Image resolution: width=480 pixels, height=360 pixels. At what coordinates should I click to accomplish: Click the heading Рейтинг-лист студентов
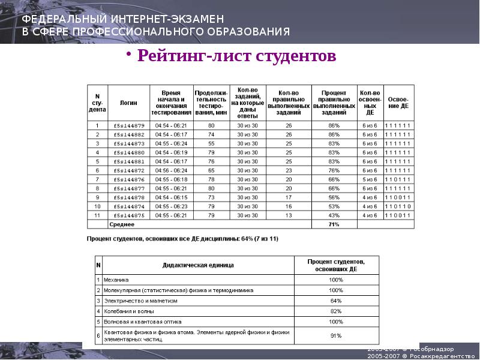point(236,57)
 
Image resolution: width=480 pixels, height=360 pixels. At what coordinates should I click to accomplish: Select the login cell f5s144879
point(129,125)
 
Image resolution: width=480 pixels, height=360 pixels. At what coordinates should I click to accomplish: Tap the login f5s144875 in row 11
point(129,215)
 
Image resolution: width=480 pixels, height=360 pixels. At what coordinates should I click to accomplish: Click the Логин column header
point(129,103)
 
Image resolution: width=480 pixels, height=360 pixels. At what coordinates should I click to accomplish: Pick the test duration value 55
point(211,143)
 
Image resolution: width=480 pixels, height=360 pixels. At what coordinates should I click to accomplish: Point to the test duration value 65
point(211,170)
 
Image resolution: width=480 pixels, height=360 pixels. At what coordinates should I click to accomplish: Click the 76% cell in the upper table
point(334,170)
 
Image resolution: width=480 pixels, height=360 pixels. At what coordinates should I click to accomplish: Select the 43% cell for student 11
point(334,215)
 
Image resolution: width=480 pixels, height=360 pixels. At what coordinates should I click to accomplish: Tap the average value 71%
point(334,224)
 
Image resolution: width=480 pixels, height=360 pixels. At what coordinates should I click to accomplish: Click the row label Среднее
point(122,224)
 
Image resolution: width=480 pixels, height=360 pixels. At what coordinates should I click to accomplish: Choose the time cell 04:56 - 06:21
point(172,170)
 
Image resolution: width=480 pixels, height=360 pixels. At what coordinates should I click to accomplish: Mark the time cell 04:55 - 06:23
point(172,206)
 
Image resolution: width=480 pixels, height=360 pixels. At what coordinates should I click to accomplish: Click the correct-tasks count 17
point(289,197)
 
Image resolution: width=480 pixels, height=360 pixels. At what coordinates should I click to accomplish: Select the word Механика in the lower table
point(116,280)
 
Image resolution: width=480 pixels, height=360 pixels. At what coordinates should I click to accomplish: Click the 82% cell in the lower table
point(336,311)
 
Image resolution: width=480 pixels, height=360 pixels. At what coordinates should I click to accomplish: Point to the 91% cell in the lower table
point(336,335)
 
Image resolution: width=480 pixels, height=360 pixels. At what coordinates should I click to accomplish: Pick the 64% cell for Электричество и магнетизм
point(336,301)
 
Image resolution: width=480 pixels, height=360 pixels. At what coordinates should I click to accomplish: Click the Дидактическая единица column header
point(198,265)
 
